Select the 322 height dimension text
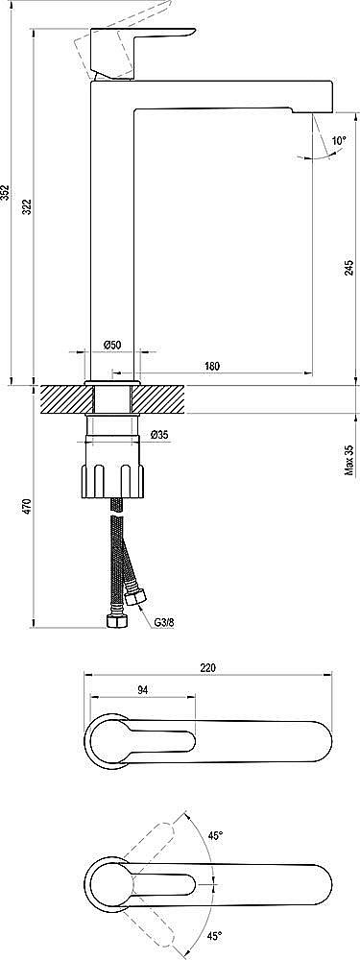[x=27, y=205]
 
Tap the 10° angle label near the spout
[x=338, y=141]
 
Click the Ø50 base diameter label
[x=111, y=346]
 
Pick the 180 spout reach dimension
[x=212, y=366]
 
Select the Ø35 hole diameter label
[x=159, y=436]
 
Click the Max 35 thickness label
[x=348, y=460]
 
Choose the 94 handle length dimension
[x=142, y=689]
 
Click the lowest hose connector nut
[x=114, y=621]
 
